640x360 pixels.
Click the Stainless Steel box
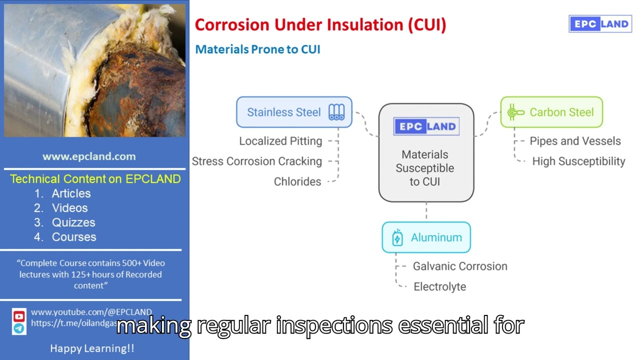294,112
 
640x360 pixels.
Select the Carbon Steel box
551,112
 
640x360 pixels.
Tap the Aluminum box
426,237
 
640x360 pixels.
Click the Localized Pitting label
280,141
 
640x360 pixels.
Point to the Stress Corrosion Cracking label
257,161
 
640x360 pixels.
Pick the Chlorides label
297,181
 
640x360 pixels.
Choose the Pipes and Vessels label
575,141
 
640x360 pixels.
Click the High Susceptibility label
578,161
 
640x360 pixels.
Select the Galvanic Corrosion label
460,266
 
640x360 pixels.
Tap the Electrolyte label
439,286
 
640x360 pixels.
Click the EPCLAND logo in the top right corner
600,24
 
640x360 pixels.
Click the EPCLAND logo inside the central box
426,126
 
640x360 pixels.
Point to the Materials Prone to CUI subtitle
257,49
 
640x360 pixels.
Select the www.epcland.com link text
89,156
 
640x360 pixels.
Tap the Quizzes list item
73,222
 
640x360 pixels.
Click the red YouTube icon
19,316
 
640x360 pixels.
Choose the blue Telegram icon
19,328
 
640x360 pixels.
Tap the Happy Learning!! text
92,348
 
